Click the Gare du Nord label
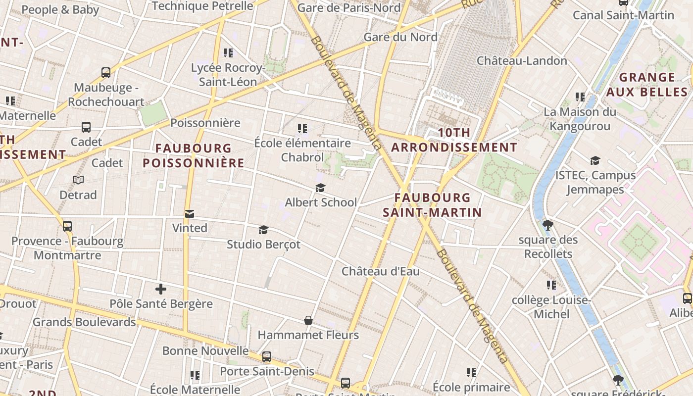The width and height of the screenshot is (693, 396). click(x=400, y=37)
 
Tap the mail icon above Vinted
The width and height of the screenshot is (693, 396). click(x=189, y=214)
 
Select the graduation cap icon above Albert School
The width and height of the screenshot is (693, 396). click(x=320, y=188)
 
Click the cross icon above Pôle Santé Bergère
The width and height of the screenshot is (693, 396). click(x=161, y=289)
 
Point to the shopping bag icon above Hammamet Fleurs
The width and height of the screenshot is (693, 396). click(x=308, y=320)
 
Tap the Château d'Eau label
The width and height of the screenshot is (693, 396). click(x=381, y=271)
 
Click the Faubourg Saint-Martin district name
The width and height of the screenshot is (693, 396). click(x=432, y=205)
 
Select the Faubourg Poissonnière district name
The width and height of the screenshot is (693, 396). click(x=194, y=155)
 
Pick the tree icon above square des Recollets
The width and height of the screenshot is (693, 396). click(x=547, y=225)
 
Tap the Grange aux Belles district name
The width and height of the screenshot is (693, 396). click(x=647, y=85)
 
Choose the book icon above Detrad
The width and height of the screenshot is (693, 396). click(x=78, y=180)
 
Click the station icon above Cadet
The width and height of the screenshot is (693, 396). click(x=86, y=127)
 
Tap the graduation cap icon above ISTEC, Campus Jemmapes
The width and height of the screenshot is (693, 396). click(x=595, y=161)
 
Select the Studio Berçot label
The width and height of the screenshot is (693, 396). click(x=263, y=245)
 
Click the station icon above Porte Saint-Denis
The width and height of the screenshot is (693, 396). click(x=267, y=356)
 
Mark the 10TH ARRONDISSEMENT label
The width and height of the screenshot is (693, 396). click(x=454, y=140)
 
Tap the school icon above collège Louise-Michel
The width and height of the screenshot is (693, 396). click(x=551, y=285)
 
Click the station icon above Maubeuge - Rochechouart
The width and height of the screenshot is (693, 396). click(x=106, y=73)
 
